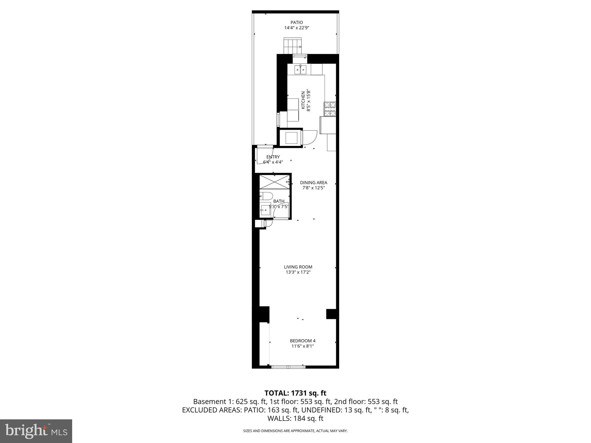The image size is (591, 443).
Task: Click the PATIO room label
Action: (x=296, y=22)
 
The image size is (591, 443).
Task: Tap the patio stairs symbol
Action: (x=293, y=46)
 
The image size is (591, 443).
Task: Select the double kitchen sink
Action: (x=300, y=70)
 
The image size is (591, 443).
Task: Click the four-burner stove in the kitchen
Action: (x=330, y=109)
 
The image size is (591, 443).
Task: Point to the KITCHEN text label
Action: (x=303, y=100)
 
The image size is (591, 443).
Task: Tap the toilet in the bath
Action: (x=265, y=196)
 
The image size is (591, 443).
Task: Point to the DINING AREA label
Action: (x=313, y=183)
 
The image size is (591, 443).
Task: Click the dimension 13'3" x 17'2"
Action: (x=298, y=272)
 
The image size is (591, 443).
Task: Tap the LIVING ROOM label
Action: (x=298, y=267)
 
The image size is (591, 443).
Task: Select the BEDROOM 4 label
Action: (x=302, y=341)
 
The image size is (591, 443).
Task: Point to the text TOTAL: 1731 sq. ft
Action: (x=295, y=393)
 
